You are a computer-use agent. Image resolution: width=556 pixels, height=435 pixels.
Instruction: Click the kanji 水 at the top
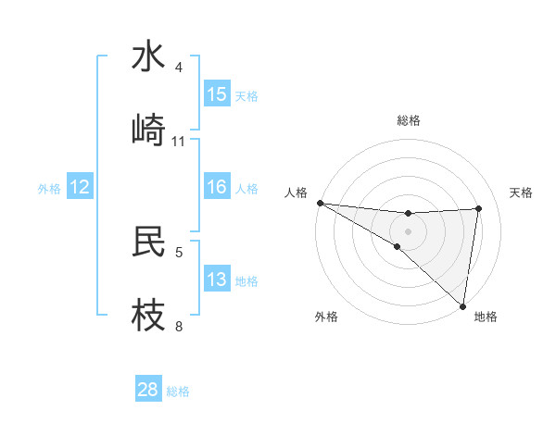[x=149, y=56]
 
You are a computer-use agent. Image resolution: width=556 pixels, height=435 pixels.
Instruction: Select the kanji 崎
[x=149, y=130]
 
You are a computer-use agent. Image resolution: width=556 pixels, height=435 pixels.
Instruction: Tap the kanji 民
[x=149, y=242]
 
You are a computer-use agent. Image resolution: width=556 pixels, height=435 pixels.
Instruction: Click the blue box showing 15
[x=217, y=94]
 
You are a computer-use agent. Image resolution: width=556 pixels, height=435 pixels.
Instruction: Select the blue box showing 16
[x=217, y=187]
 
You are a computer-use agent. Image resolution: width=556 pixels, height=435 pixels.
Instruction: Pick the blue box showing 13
[x=217, y=280]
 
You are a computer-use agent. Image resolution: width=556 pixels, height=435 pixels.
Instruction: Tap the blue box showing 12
[x=80, y=187]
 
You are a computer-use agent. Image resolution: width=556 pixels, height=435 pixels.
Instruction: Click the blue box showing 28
[x=148, y=390]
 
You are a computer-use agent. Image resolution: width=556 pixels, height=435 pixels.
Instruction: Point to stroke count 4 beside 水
[x=179, y=68]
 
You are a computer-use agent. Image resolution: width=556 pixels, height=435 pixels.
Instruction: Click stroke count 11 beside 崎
[x=179, y=142]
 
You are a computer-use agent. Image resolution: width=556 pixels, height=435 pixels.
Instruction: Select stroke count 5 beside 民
[x=179, y=252]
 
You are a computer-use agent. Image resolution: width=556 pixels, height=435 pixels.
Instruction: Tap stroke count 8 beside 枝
[x=179, y=326]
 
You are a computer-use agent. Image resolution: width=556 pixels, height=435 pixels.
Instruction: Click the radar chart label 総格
[x=408, y=120]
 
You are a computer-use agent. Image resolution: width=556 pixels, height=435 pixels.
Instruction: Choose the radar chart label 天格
[x=522, y=193]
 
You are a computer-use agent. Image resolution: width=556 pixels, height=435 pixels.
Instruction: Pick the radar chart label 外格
[x=326, y=317]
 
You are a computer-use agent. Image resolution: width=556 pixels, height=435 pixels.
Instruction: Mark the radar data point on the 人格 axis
[x=320, y=203]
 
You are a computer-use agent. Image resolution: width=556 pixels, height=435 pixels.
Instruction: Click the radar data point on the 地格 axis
[x=462, y=306]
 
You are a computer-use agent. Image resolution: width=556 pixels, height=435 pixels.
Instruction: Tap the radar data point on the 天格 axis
[x=479, y=208]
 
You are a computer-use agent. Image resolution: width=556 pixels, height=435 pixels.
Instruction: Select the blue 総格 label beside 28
[x=178, y=391]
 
